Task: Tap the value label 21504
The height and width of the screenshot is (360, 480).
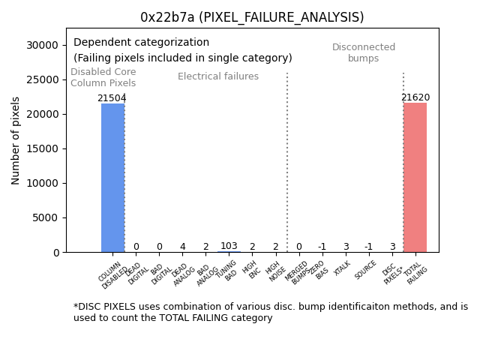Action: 112,98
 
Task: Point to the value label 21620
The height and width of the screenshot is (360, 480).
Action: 415,97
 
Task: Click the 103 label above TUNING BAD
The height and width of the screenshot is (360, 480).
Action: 229,246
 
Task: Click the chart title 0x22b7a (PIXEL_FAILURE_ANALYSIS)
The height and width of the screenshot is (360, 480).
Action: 252,17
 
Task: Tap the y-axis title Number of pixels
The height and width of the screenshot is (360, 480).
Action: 16,140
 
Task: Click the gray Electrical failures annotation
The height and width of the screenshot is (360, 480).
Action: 218,76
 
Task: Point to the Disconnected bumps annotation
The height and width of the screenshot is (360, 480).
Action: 364,53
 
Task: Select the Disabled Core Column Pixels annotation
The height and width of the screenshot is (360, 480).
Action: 103,78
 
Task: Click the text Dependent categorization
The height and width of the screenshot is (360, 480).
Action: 142,43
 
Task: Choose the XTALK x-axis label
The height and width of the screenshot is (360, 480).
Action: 342,268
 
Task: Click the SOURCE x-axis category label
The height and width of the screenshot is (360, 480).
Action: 365,270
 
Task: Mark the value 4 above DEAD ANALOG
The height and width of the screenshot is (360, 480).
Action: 182,247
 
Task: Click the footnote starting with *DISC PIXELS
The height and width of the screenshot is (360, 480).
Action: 270,312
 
